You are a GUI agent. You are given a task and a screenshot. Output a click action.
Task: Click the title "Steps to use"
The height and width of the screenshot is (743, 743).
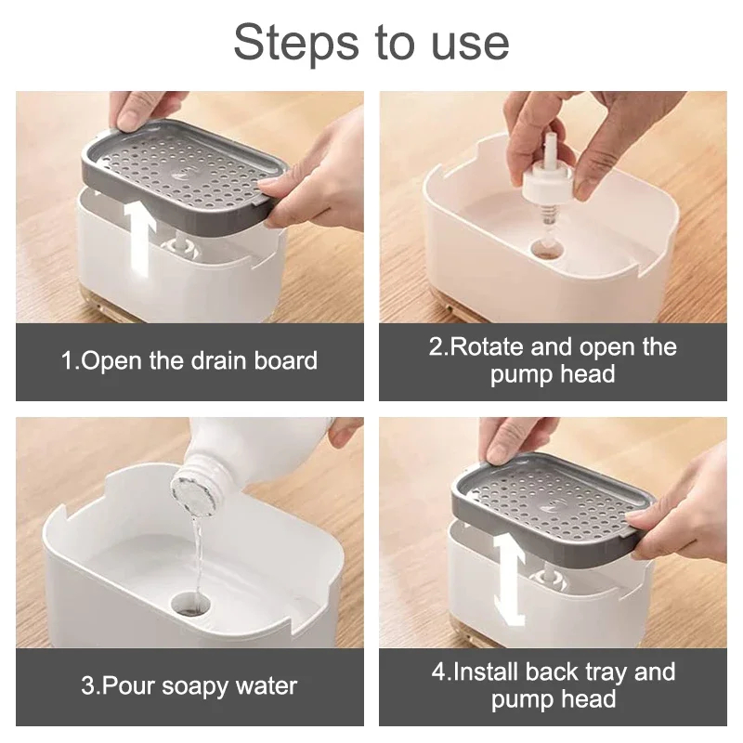pyautogui.click(x=371, y=43)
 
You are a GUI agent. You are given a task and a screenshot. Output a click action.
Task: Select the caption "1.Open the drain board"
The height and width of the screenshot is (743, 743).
pyautogui.click(x=189, y=361)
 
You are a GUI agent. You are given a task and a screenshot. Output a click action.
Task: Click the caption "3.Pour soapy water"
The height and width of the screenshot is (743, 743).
pyautogui.click(x=189, y=686)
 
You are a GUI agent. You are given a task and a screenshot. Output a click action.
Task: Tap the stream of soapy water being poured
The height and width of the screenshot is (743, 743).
pyautogui.click(x=196, y=548)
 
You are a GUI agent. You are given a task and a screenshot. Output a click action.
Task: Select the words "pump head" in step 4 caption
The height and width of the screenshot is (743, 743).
pyautogui.click(x=554, y=699)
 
